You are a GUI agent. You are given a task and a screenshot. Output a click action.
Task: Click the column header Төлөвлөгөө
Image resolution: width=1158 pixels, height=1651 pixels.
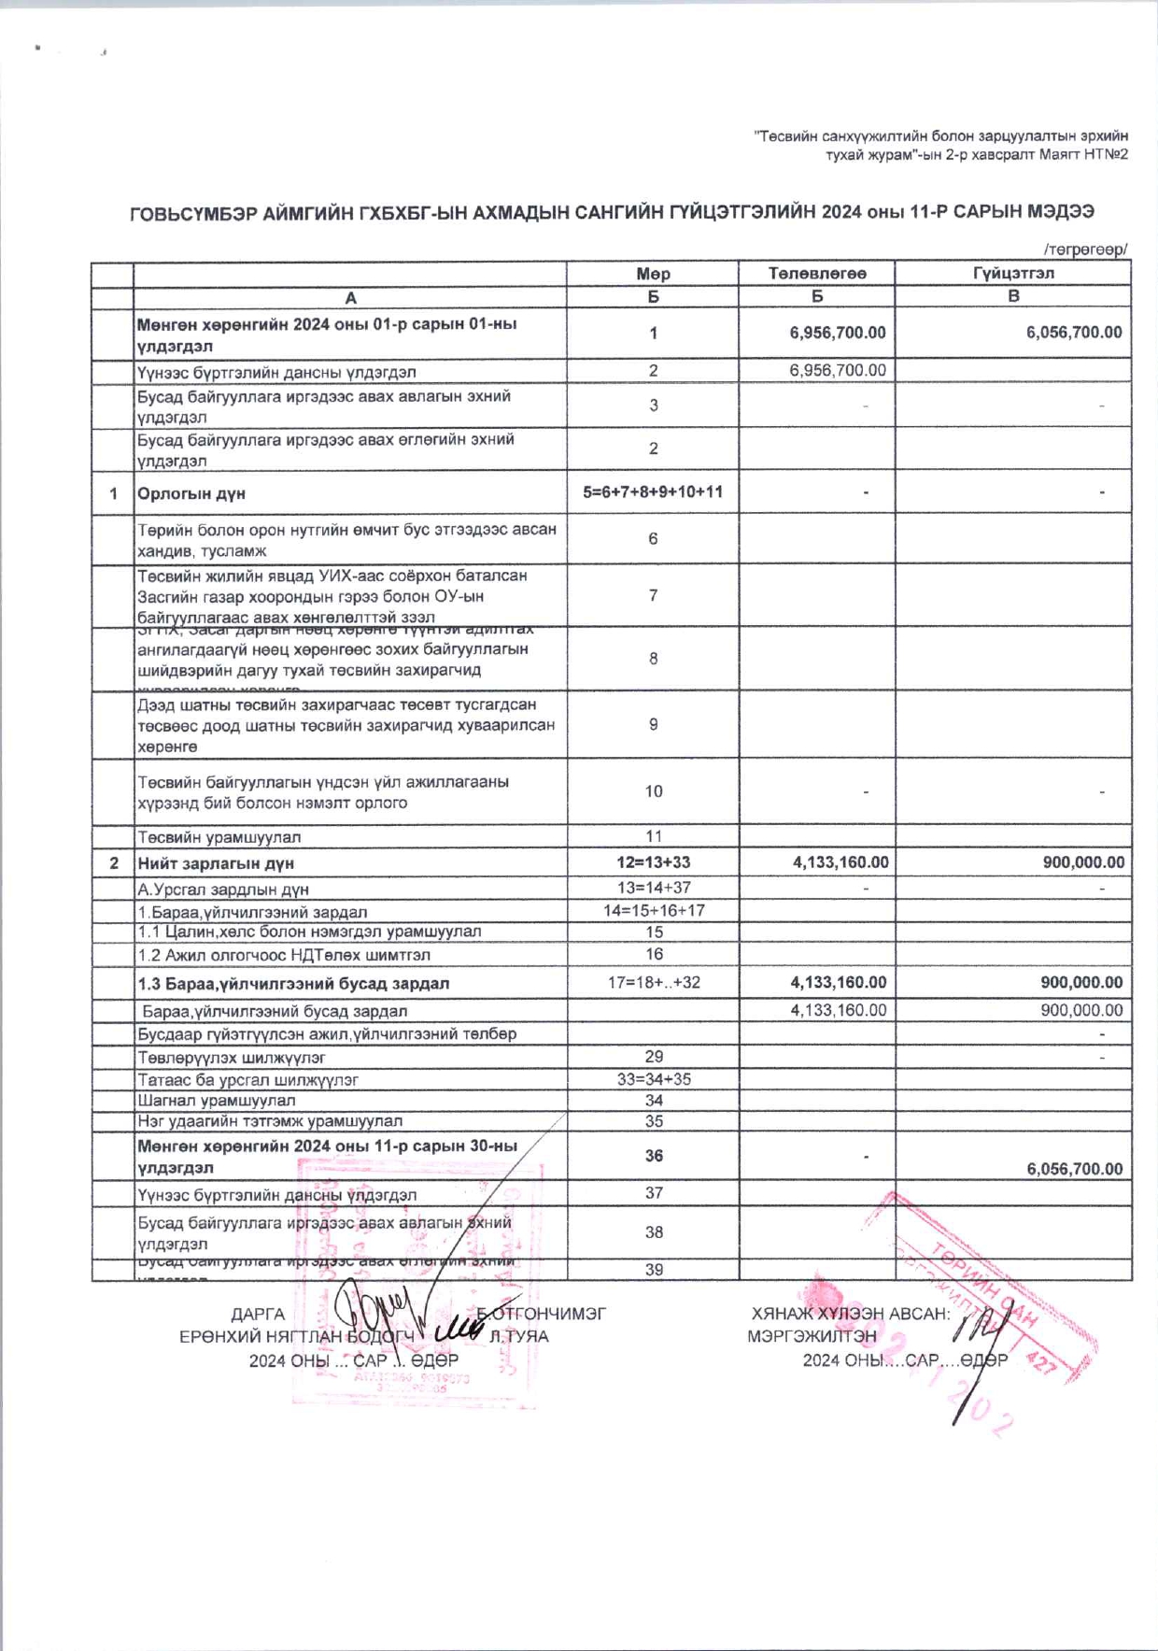pos(817,273)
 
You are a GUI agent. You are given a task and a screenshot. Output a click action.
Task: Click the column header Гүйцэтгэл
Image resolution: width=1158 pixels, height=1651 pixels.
pos(1013,273)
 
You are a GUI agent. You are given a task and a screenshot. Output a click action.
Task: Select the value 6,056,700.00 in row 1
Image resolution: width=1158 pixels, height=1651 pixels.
pos(1074,333)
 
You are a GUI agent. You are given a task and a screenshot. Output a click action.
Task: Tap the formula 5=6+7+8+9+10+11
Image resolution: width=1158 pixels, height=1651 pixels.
pos(653,491)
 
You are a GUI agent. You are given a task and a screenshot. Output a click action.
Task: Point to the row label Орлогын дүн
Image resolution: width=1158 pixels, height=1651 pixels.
pos(191,493)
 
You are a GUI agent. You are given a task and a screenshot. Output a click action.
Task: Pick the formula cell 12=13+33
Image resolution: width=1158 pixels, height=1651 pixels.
pos(653,862)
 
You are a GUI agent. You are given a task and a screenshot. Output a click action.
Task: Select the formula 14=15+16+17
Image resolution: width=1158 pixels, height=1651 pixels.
pos(654,910)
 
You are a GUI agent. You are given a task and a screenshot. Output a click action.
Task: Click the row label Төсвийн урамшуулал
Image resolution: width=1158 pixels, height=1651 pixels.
pos(219,837)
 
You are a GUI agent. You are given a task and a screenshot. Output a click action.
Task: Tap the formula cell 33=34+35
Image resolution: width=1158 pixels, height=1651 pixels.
pos(654,1078)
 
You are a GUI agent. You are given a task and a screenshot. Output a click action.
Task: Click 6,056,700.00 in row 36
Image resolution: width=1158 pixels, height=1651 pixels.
pos(1074,1169)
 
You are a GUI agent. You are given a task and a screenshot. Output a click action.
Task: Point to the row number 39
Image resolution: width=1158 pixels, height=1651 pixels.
pos(654,1270)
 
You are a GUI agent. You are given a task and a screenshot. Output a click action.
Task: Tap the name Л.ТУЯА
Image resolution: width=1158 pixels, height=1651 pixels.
pos(519,1336)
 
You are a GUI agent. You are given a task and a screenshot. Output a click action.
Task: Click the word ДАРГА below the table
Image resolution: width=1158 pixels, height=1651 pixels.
pos(258,1314)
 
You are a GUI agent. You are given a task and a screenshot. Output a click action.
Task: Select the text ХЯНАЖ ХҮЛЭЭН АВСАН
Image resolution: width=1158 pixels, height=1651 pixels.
pos(850,1314)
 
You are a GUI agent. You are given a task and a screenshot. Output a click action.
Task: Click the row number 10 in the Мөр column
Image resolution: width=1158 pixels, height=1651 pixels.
pos(654,791)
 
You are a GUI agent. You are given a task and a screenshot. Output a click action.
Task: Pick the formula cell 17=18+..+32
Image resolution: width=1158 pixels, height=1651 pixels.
pos(654,982)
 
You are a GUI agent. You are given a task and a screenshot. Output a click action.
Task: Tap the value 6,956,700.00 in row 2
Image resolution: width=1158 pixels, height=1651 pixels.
pos(838,370)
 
